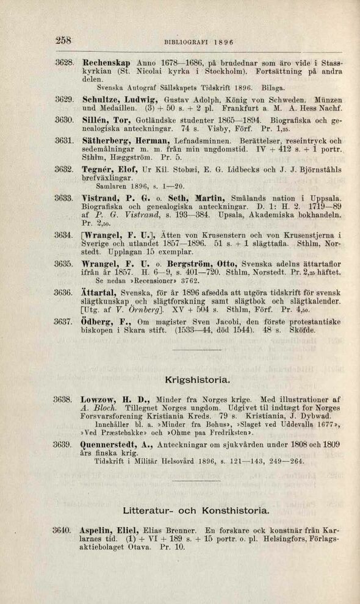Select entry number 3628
(64, 63)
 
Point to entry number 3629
(64, 98)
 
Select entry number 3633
(64, 198)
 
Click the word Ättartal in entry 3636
(98, 292)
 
